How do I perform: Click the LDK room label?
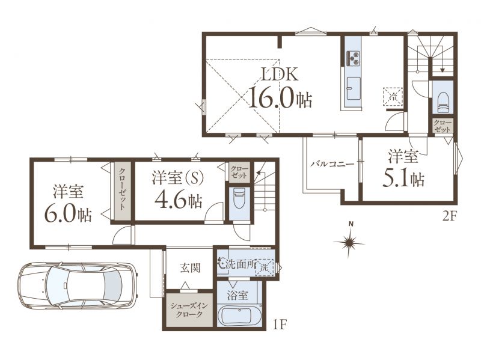coord(279,74)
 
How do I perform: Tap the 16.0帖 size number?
coord(280,97)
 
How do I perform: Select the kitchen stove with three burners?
coord(353,58)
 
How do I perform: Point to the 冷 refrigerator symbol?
coord(393,97)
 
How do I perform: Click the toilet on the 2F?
coord(443,103)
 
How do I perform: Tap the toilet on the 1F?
coord(239,198)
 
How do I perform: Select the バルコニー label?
coord(332,163)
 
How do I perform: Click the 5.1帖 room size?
coord(403,178)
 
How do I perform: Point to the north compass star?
coord(349,242)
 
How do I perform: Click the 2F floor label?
coord(449,217)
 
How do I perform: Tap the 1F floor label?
coord(279,324)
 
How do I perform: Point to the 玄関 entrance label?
coord(190,268)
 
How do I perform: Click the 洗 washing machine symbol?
coord(264,267)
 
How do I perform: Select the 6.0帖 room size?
coord(68,213)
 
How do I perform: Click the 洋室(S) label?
coord(177,178)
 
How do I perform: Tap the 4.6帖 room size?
coord(178,201)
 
